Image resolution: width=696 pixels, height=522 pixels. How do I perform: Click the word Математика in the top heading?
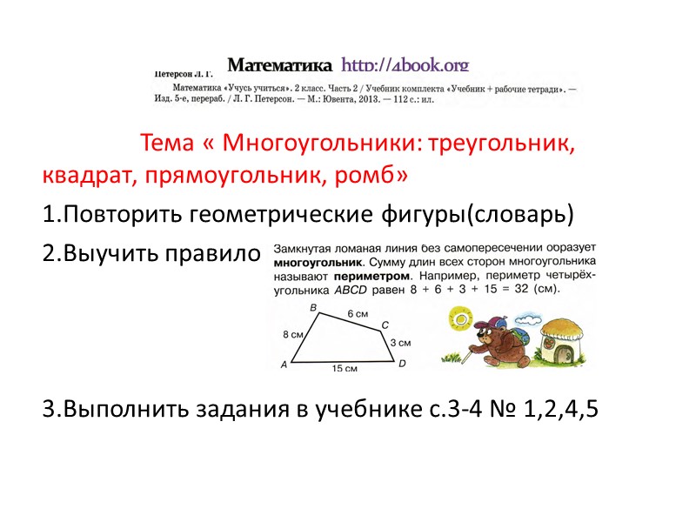[279, 65]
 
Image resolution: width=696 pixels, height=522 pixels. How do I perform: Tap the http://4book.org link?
[405, 65]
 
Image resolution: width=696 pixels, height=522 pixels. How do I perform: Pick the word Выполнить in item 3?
[121, 409]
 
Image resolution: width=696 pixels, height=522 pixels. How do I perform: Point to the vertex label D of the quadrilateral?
[402, 364]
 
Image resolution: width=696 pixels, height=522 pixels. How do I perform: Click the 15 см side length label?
[345, 369]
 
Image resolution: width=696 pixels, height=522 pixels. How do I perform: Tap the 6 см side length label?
[357, 313]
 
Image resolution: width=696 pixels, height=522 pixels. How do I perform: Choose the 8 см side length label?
[292, 335]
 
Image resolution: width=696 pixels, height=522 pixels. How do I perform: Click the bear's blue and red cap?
[490, 325]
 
